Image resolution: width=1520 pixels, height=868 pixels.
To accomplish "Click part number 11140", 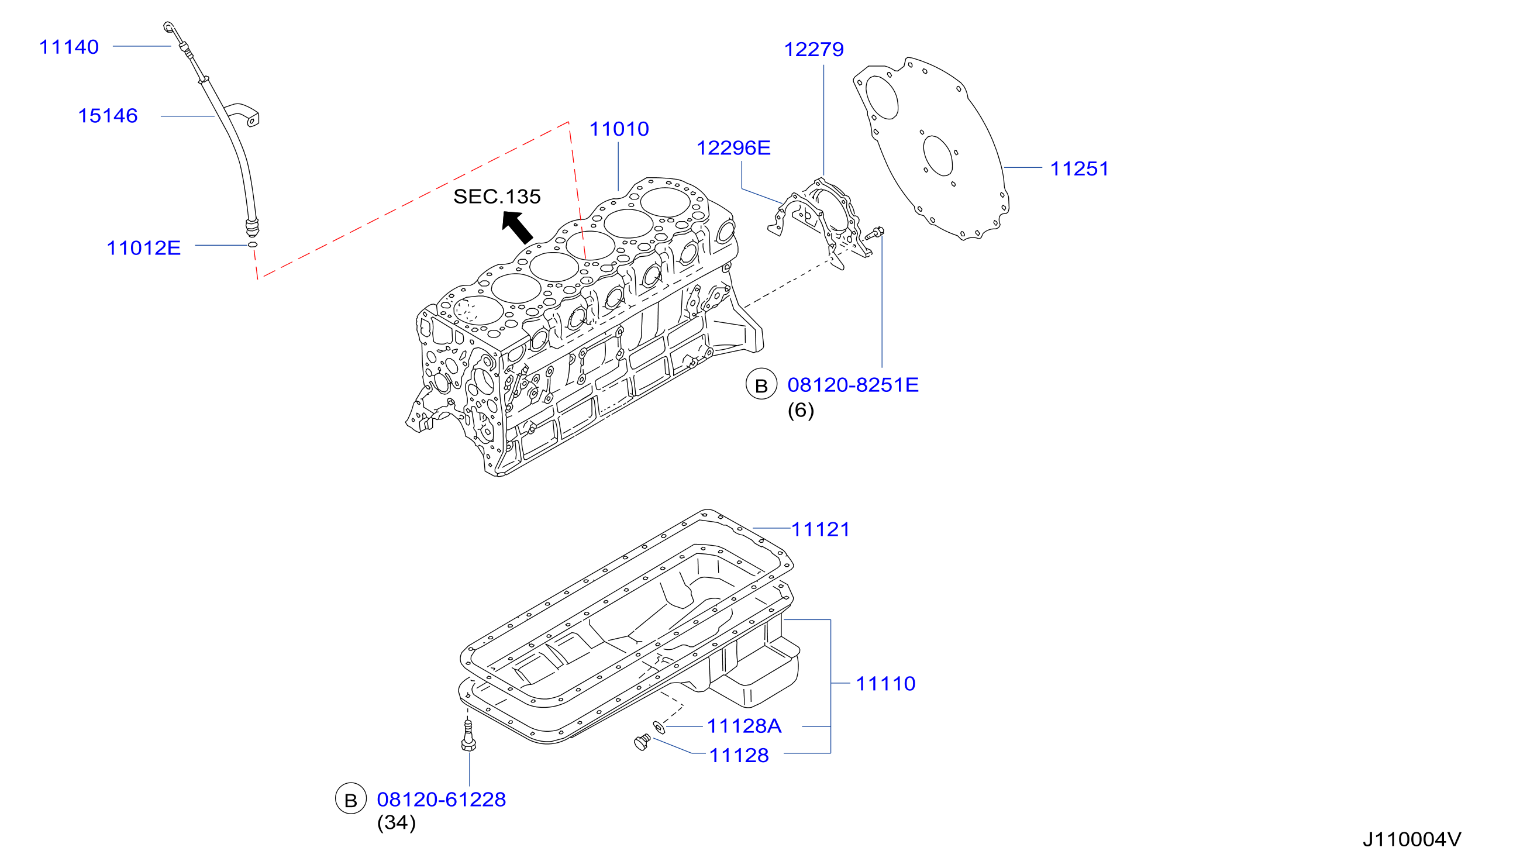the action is (68, 47).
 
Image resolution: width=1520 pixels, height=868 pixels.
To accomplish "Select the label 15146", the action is (108, 116).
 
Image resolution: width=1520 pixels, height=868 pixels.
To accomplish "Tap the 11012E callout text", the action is (144, 248).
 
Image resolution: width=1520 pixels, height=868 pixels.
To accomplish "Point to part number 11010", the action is (619, 129).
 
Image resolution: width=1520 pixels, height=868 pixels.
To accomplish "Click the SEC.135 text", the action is (497, 197).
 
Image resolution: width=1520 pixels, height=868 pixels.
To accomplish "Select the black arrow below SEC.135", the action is (517, 227).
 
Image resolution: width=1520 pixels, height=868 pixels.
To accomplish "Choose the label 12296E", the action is (733, 148).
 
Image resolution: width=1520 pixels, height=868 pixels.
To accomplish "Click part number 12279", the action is (814, 50).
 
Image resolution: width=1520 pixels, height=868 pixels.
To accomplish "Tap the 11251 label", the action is (1079, 168).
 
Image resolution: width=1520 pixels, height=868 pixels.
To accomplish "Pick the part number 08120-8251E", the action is (853, 385).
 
